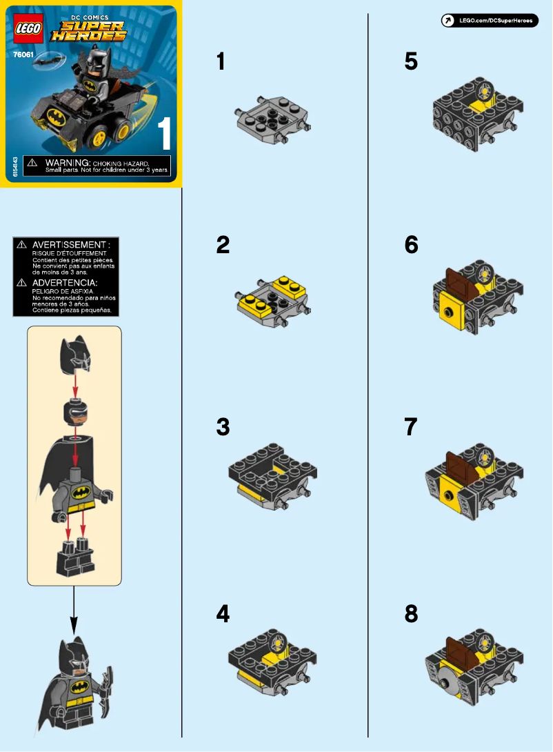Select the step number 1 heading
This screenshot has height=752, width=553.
pos(221,62)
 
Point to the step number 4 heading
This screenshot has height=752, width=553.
pos(222,613)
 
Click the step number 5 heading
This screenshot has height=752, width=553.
pos(411,62)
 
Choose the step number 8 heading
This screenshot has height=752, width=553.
pos(411,613)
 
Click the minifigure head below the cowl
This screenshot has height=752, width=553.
pos(74,413)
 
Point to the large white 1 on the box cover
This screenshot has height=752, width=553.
pos(164,133)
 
